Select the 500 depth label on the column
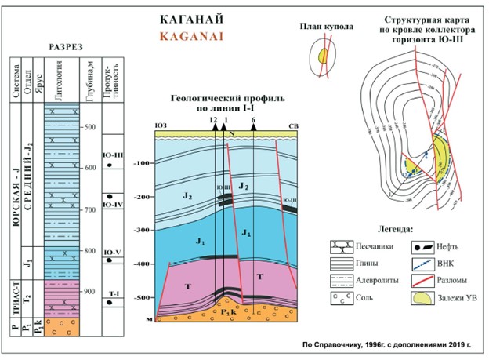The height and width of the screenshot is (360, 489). (89, 127)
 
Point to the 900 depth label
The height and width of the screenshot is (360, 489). (89, 291)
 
